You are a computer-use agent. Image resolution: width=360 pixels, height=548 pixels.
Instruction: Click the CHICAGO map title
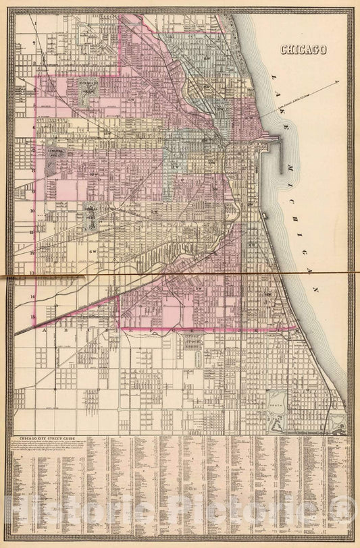(x=303, y=49)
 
